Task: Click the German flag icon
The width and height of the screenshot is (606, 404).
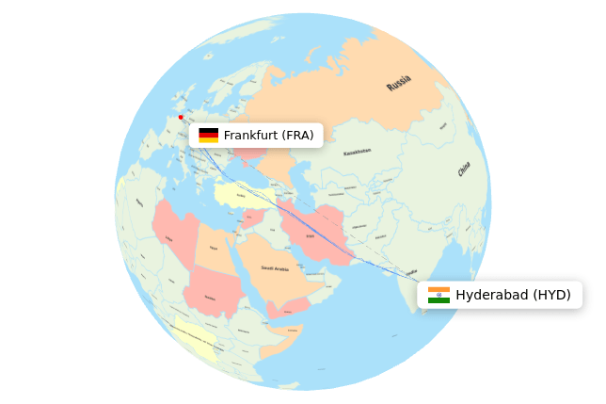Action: pos(208,136)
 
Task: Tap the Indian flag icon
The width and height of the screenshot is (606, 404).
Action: pos(439,295)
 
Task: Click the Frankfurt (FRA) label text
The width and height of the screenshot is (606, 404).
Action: pos(268,136)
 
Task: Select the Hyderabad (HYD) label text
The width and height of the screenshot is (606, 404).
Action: pos(513,295)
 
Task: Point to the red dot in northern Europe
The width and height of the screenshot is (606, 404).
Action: pos(181,118)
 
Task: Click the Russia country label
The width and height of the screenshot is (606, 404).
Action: pos(399,83)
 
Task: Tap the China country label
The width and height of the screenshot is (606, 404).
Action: pos(464,170)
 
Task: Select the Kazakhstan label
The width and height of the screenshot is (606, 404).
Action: pos(357,152)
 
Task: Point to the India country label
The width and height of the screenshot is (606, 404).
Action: pos(412,272)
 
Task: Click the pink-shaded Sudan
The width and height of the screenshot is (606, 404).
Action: pos(212,294)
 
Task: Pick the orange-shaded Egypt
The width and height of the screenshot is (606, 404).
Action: pos(214,250)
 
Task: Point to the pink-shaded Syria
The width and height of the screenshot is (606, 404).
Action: pos(251,218)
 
